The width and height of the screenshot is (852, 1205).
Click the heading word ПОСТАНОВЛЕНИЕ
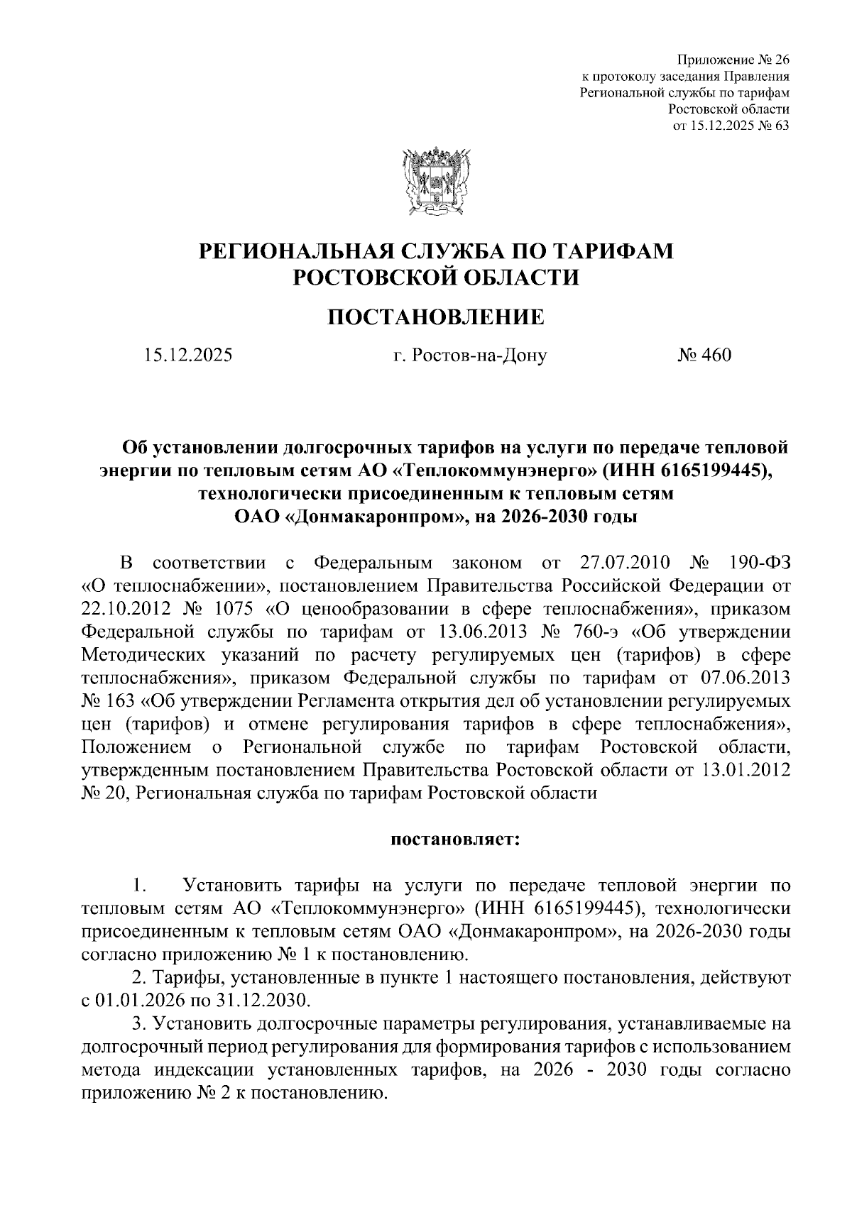click(435, 317)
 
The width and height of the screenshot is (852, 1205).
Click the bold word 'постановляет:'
click(455, 840)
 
